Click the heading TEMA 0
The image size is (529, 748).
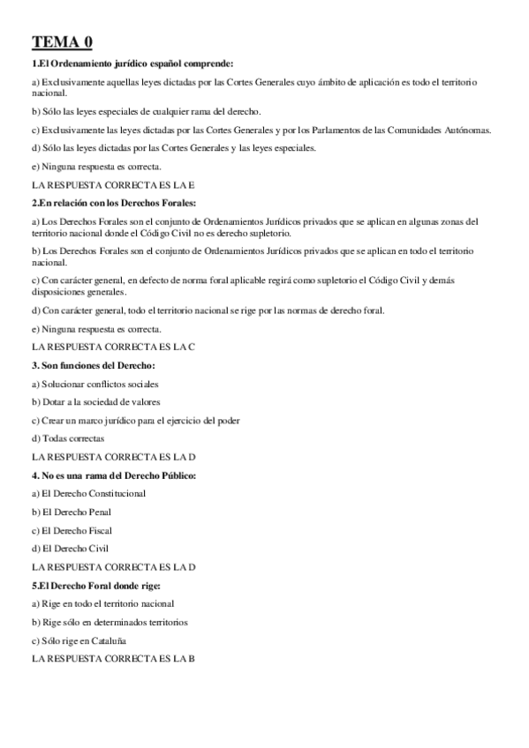[61, 41]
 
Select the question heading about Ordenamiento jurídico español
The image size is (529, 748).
[132, 64]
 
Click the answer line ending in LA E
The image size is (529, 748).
[112, 185]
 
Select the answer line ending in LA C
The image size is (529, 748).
[112, 348]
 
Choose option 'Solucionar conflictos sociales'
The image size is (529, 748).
[95, 384]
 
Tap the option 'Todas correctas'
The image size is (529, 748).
[68, 438]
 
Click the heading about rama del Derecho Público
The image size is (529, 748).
[114, 475]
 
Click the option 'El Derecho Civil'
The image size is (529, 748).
[70, 549]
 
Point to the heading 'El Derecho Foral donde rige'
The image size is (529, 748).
[98, 585]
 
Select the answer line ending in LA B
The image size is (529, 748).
[112, 658]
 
